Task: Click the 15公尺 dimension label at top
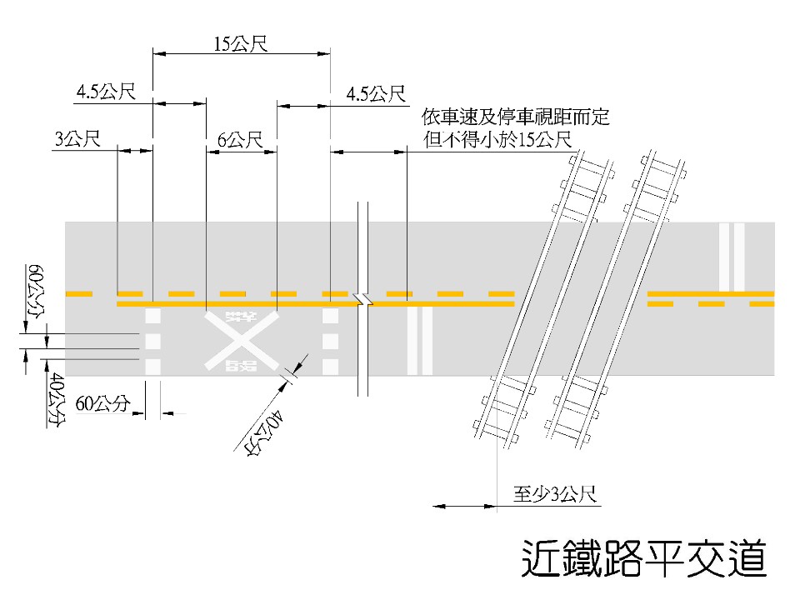coord(240,44)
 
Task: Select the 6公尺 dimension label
coord(240,139)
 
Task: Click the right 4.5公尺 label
coord(375,93)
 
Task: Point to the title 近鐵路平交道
coord(643,558)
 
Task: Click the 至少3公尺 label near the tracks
coord(553,495)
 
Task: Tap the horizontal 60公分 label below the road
coord(103,404)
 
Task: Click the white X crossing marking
coord(242,341)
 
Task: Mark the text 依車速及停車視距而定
coord(516,117)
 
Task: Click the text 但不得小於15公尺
coord(498,139)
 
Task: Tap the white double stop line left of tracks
coord(419,340)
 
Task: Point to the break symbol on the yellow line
coord(362,299)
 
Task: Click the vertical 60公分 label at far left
coord(36,292)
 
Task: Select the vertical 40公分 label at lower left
coord(56,401)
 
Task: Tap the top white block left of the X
coord(152,317)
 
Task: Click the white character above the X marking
coord(240,317)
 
